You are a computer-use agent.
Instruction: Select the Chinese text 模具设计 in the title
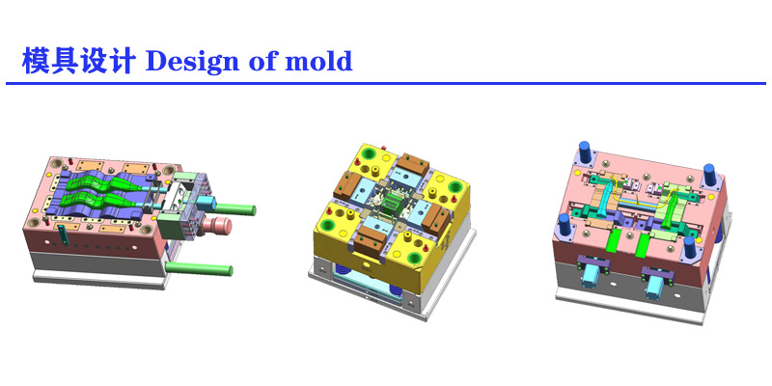pos(78,61)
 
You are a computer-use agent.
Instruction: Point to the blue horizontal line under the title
pos(386,83)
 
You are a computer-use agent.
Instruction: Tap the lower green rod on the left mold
pos(199,269)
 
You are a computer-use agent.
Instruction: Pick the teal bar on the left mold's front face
pos(62,234)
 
